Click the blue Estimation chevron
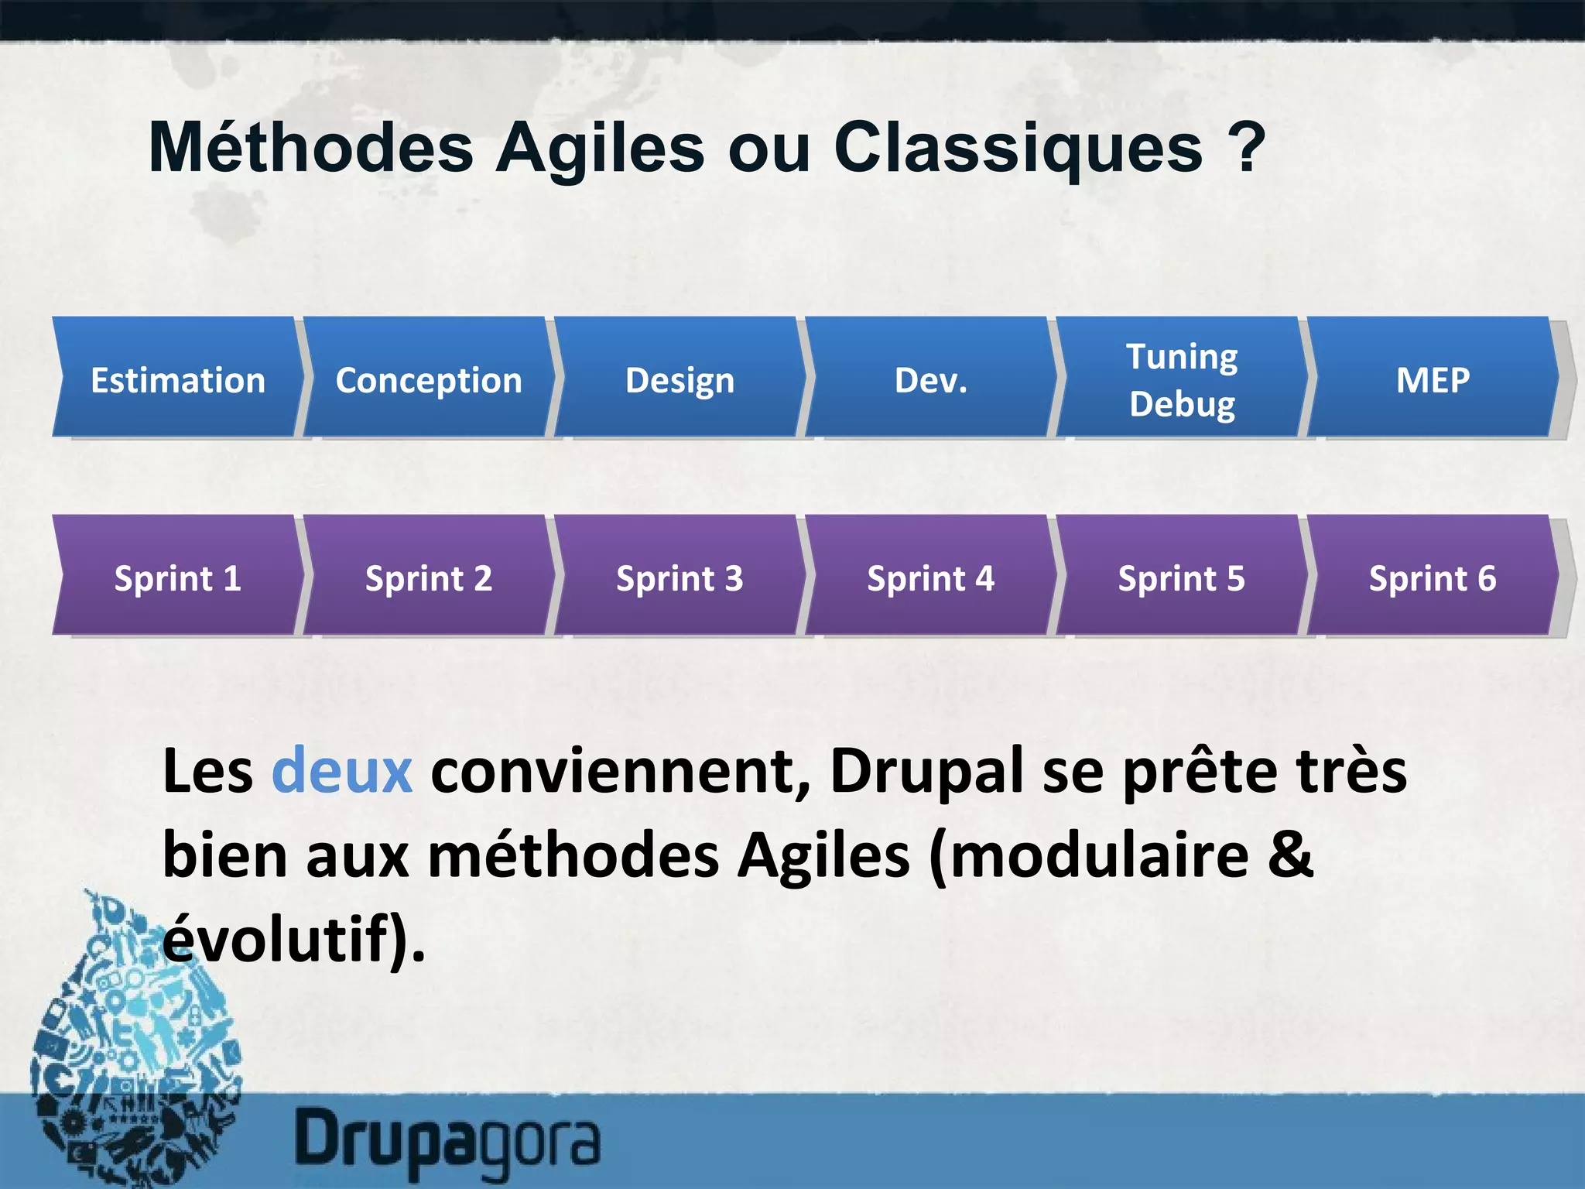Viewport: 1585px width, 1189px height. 178,379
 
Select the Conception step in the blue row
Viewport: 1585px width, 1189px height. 429,379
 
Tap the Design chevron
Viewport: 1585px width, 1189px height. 680,379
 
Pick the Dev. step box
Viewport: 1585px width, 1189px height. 930,379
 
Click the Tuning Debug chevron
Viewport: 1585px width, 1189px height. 1182,379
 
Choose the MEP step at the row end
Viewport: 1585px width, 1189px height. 1433,379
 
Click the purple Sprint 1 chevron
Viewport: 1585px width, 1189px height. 178,577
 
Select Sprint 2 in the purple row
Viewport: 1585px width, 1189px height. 429,577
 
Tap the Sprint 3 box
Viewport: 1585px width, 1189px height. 680,577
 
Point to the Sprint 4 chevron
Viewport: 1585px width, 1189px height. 930,577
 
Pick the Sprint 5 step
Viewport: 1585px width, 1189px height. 1182,577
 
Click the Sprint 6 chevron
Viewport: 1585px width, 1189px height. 1433,577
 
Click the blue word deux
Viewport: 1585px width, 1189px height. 341,772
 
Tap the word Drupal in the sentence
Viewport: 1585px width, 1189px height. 926,772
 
